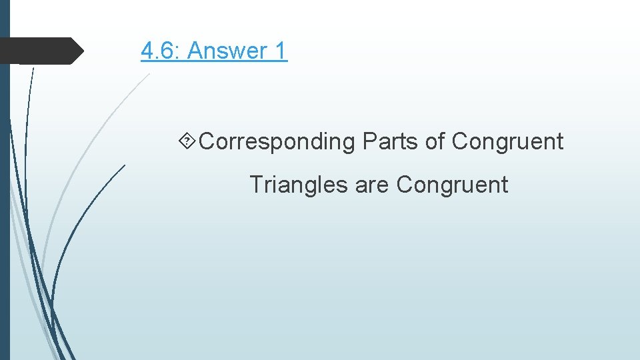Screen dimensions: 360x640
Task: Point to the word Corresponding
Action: [277, 141]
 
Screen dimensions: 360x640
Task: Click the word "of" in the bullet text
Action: [437, 141]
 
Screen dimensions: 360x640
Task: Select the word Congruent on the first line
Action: [507, 141]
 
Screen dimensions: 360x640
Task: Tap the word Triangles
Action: [299, 184]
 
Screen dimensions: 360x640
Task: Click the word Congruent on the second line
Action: [452, 184]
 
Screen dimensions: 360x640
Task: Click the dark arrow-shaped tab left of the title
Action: [40, 51]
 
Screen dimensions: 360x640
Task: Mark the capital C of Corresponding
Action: [207, 141]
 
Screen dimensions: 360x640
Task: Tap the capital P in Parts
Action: [369, 141]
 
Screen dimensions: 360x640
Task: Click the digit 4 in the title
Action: [147, 50]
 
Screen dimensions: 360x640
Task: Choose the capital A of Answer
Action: [196, 50]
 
